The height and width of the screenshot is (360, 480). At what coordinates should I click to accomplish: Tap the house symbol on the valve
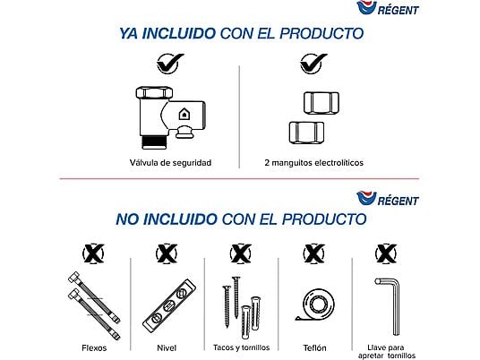point(184,114)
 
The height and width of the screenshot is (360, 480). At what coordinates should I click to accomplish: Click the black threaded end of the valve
point(155,142)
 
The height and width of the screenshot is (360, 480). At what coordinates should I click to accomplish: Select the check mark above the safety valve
point(170,64)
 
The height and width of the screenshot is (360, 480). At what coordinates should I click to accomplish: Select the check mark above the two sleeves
point(313,64)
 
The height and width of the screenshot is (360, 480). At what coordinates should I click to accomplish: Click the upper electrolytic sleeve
point(321,103)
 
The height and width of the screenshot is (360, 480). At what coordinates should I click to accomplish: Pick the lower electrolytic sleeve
point(307,133)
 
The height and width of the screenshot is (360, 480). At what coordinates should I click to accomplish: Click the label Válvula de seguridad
point(170,163)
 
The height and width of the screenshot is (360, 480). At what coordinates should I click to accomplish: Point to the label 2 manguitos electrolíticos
point(313,163)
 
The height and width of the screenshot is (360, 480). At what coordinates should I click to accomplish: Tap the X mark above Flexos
point(93,253)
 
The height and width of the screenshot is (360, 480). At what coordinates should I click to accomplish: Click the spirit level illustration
point(169,305)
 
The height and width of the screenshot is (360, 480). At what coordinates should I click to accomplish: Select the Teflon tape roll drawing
point(315,304)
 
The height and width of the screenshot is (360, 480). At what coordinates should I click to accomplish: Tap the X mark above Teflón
point(314,253)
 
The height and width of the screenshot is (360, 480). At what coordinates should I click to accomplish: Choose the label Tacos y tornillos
point(241,347)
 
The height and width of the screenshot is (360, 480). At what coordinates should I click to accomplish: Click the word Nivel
point(167,347)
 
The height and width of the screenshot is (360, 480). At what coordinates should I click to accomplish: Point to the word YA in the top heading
point(129,33)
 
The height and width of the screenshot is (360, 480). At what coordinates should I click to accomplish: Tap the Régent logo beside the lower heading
point(388,199)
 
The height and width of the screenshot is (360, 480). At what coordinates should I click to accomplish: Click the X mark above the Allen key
point(386,253)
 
